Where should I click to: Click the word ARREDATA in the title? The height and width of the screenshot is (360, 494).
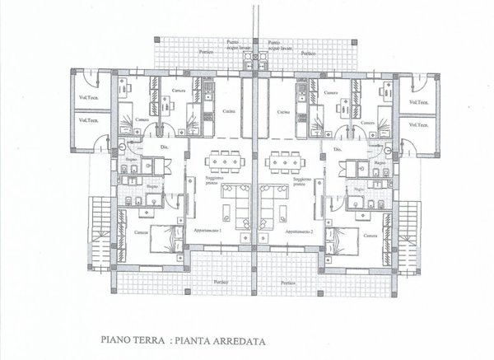pyautogui.click(x=245, y=336)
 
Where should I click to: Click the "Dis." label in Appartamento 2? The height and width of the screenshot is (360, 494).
pyautogui.click(x=338, y=149)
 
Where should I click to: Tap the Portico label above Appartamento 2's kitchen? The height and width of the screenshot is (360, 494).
pyautogui.click(x=307, y=51)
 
